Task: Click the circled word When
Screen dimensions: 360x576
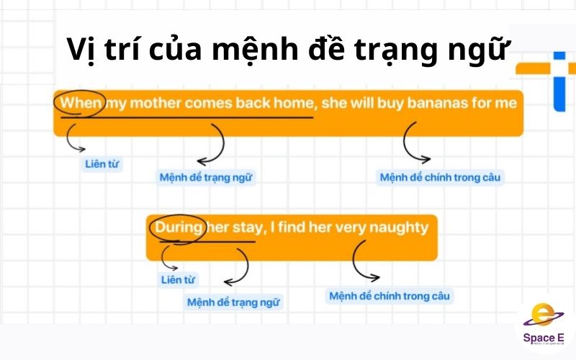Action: pyautogui.click(x=81, y=103)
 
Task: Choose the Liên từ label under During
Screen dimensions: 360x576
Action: pyautogui.click(x=177, y=279)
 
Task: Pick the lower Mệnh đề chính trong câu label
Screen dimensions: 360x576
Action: pyautogui.click(x=391, y=296)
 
